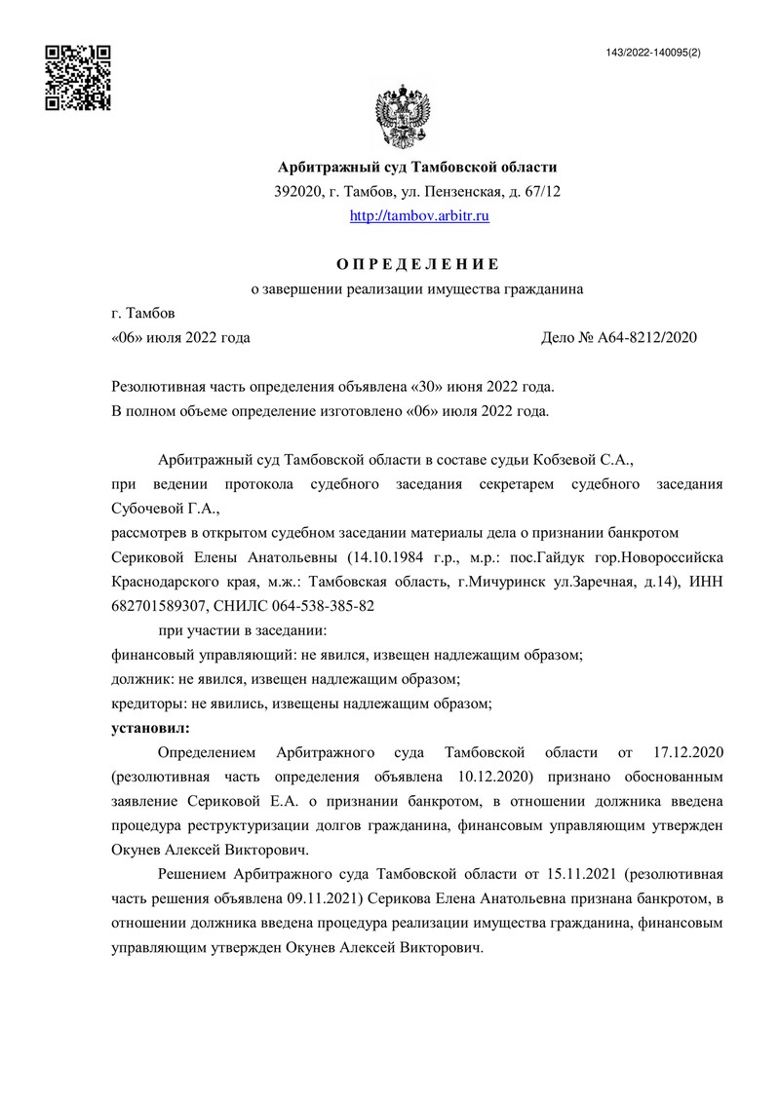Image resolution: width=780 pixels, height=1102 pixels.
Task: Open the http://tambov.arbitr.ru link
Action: pos(419,215)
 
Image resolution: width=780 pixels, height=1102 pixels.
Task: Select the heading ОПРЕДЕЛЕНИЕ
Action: pos(418,264)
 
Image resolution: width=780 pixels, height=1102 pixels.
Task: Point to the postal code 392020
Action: pos(298,192)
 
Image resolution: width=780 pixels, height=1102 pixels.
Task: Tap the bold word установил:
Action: pos(150,728)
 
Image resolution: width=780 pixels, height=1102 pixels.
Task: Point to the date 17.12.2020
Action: pos(683,753)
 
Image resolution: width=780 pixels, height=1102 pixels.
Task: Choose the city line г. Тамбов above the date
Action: pos(143,314)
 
